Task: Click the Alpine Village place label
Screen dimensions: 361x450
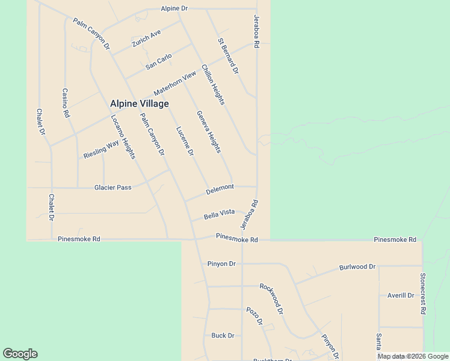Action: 139,103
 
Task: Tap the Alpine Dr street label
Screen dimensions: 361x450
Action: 174,8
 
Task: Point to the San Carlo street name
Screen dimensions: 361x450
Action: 159,61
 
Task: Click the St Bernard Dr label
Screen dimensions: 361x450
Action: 229,56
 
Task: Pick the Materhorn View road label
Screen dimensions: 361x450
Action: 175,84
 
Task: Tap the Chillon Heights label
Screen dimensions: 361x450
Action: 213,85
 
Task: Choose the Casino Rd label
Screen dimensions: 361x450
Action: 66,103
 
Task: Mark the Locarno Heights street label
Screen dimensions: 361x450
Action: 123,137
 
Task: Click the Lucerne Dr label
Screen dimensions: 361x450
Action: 185,141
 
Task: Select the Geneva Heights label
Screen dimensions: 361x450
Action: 209,132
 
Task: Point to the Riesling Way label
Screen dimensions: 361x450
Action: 101,149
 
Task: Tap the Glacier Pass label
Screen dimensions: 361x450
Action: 112,188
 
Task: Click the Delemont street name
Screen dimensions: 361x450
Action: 220,188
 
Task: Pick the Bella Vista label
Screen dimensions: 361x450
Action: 219,213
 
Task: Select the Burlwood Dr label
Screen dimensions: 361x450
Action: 357,267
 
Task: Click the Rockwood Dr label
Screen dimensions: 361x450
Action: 271,298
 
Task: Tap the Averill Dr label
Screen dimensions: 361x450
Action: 401,295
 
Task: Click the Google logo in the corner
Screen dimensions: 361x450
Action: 20,354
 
